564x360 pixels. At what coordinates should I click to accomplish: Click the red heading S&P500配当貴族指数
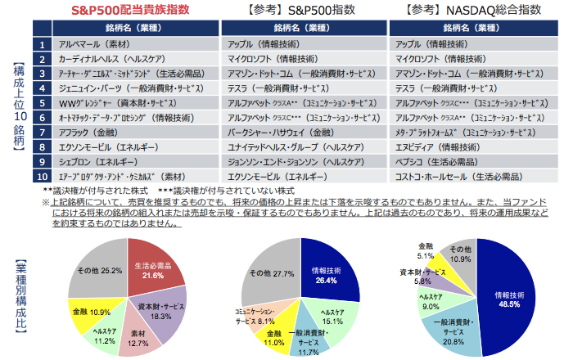pos(120,11)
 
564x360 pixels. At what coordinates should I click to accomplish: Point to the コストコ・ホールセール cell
pos(458,174)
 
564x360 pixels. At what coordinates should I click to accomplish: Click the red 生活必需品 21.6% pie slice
pos(154,270)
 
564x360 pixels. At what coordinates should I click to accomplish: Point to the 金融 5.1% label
pos(426,250)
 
